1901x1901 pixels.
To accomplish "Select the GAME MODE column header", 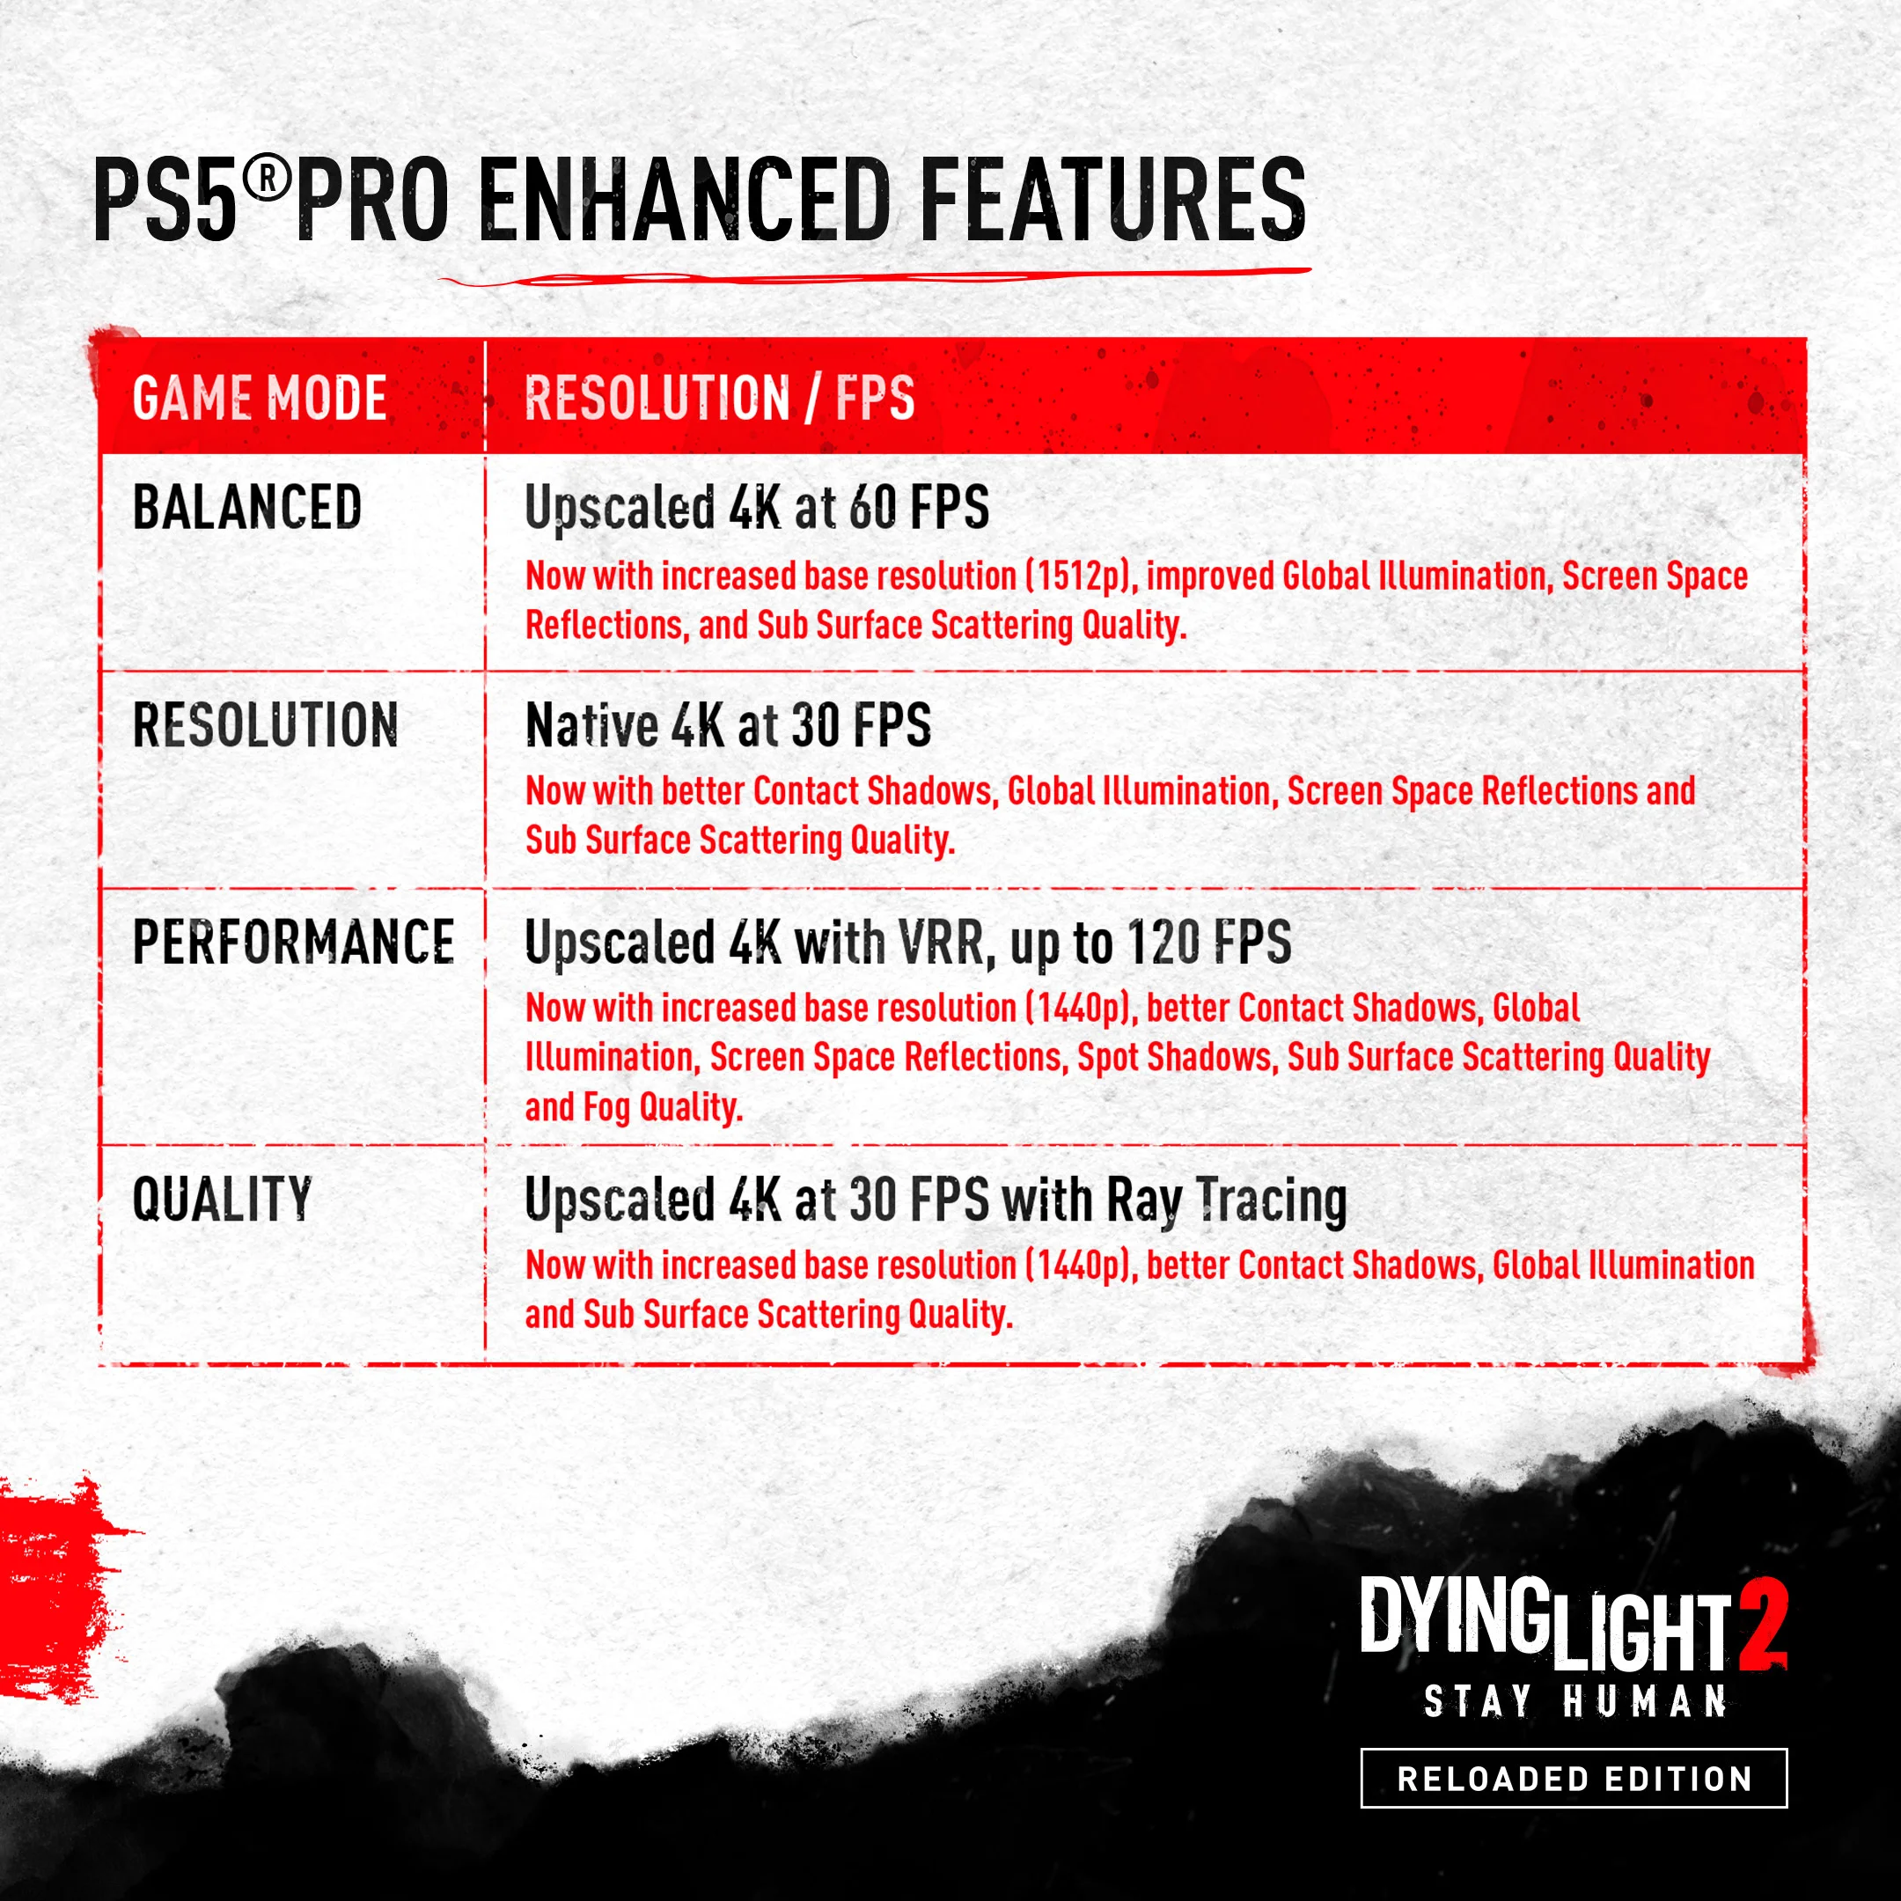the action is (x=260, y=399).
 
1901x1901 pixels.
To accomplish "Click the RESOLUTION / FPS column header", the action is (x=719, y=399).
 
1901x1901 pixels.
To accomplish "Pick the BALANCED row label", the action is (x=247, y=508).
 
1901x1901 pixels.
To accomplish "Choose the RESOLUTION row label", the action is (x=266, y=725).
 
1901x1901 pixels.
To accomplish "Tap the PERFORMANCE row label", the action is (x=293, y=942).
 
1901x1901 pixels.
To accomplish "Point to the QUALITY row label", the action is (x=223, y=1200).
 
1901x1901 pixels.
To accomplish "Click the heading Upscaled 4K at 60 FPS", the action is (x=757, y=509).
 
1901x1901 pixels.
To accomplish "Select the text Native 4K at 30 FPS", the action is (x=728, y=725).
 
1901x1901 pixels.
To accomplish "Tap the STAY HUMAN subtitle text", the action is (x=1575, y=1701).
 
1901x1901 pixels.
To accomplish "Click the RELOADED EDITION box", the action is (x=1574, y=1779).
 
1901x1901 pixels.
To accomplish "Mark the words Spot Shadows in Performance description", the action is (x=1178, y=1058).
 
